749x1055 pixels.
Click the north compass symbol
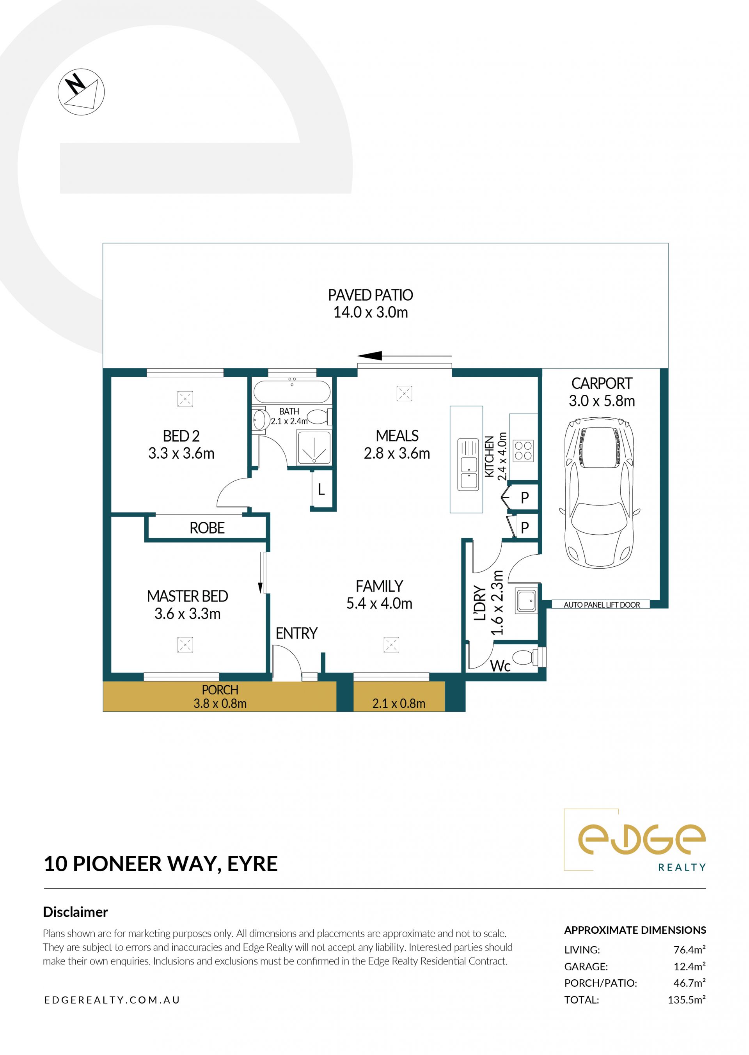81,92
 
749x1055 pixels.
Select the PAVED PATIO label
370,295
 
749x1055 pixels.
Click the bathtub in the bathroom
292,392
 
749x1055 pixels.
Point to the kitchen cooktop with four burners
524,451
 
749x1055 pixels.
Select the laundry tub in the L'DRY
527,601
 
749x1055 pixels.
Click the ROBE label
207,528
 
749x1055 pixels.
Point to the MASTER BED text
187,596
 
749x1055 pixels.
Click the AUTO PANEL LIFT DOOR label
602,605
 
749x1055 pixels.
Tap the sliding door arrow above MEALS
405,356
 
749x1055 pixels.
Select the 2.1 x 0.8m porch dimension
398,703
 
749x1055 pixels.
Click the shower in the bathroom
314,447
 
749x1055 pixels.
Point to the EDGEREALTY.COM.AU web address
112,1000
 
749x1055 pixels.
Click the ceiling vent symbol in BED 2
185,398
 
